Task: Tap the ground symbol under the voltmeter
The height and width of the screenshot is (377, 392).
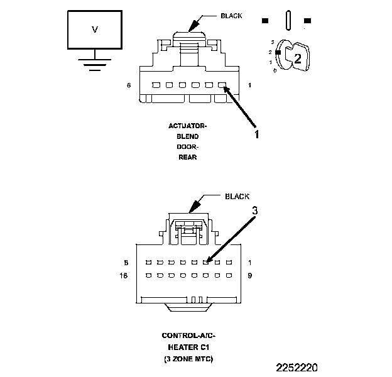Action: click(x=95, y=63)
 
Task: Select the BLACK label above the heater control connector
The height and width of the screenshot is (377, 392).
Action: click(x=237, y=197)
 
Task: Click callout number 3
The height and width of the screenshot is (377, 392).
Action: click(x=255, y=212)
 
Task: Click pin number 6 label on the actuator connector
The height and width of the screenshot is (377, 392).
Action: click(x=129, y=85)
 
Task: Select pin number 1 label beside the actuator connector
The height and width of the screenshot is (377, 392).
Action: click(x=251, y=85)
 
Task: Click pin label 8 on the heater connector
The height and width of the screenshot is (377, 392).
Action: click(x=126, y=263)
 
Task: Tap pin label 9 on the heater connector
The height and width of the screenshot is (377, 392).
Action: click(x=251, y=275)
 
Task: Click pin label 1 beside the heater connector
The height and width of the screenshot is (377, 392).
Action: click(x=251, y=263)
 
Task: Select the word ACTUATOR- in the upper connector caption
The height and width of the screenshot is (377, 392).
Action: click(x=187, y=126)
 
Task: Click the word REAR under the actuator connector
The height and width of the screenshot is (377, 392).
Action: click(x=187, y=157)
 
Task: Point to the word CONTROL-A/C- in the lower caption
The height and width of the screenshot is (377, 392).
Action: click(x=187, y=337)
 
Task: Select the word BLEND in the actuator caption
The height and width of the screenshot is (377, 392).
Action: click(x=187, y=136)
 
